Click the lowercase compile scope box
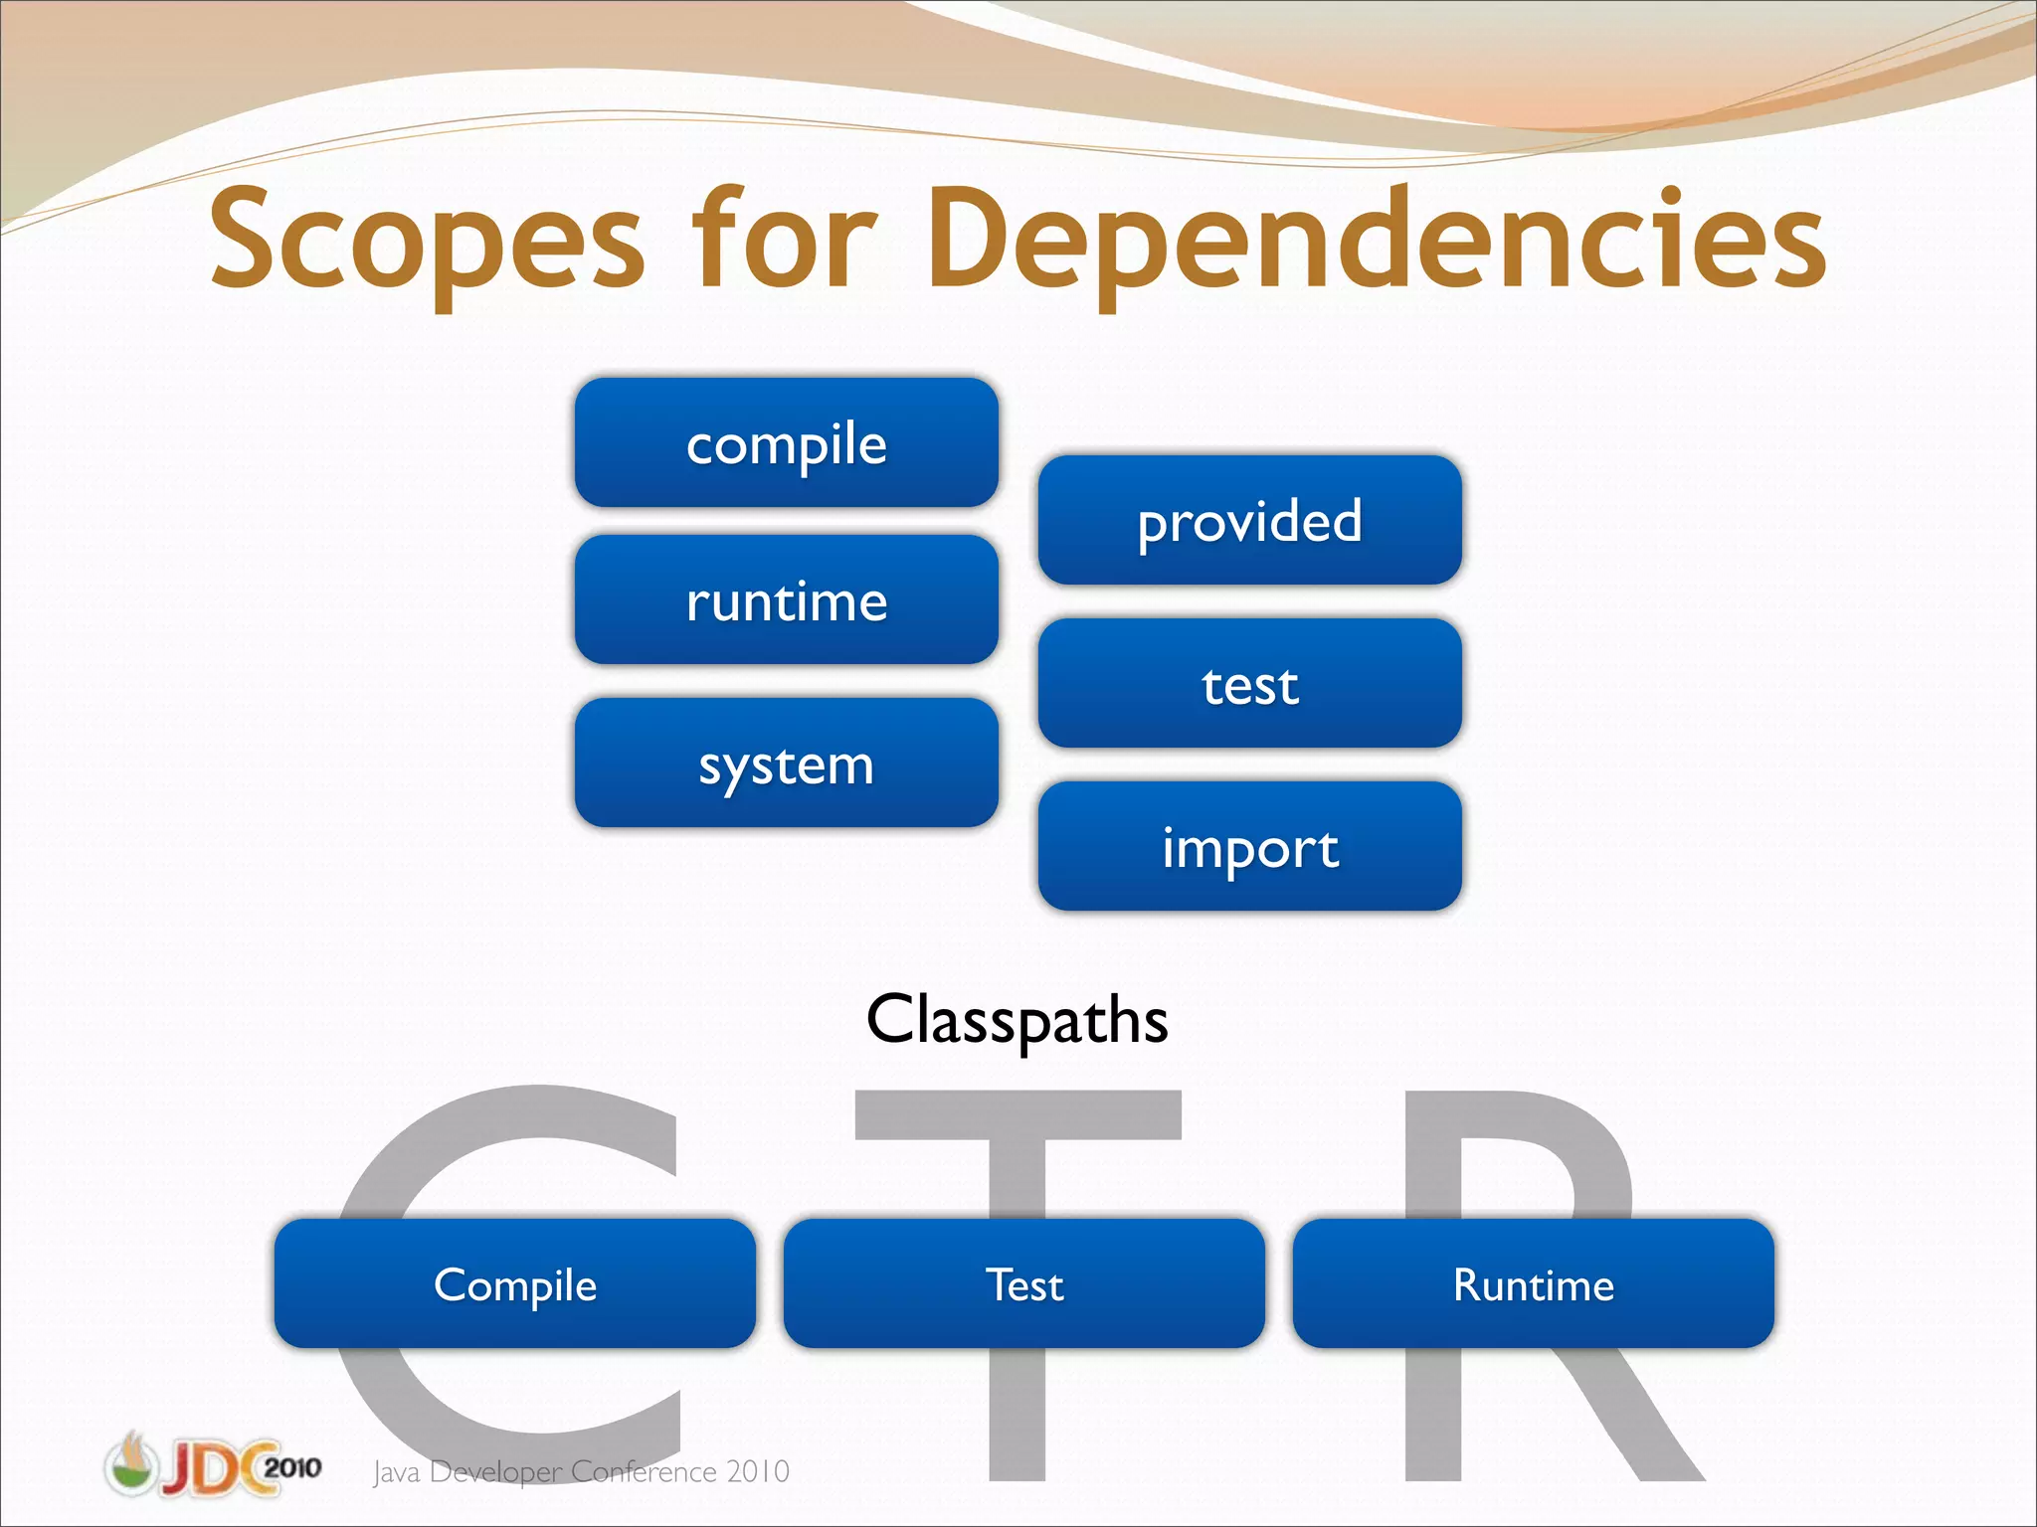click(x=786, y=443)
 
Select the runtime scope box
click(x=786, y=600)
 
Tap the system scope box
click(x=786, y=763)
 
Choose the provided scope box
click(x=1249, y=521)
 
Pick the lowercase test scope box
click(x=1249, y=684)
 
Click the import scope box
click(x=1249, y=847)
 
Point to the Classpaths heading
click(x=1017, y=1020)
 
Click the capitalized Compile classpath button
click(x=514, y=1284)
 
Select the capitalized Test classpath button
click(x=1023, y=1284)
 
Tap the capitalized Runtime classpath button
click(x=1533, y=1284)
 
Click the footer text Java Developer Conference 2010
click(x=581, y=1471)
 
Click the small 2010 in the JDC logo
click(x=292, y=1467)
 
